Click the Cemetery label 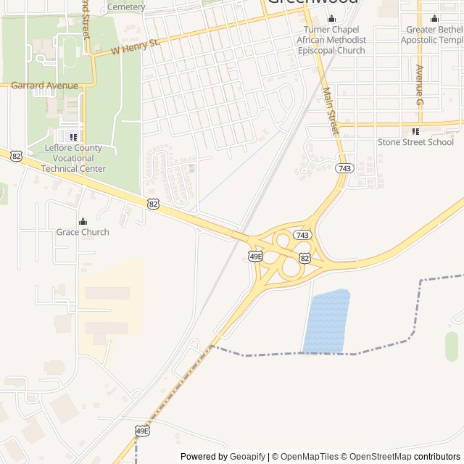point(126,7)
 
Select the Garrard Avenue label point(44,86)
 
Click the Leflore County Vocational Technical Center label point(73,158)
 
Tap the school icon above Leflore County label point(72,136)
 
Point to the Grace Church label point(83,232)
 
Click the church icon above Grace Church point(83,221)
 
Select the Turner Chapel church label point(331,40)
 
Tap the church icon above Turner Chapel point(331,19)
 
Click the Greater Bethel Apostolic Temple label point(433,35)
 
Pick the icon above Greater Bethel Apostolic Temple point(434,19)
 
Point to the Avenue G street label point(419,85)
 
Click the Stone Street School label point(415,142)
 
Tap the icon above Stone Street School point(415,131)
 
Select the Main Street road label point(331,112)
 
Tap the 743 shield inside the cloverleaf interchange point(303,235)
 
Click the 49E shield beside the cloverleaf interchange point(255,256)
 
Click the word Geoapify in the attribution point(247,457)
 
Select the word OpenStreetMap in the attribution point(381,457)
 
